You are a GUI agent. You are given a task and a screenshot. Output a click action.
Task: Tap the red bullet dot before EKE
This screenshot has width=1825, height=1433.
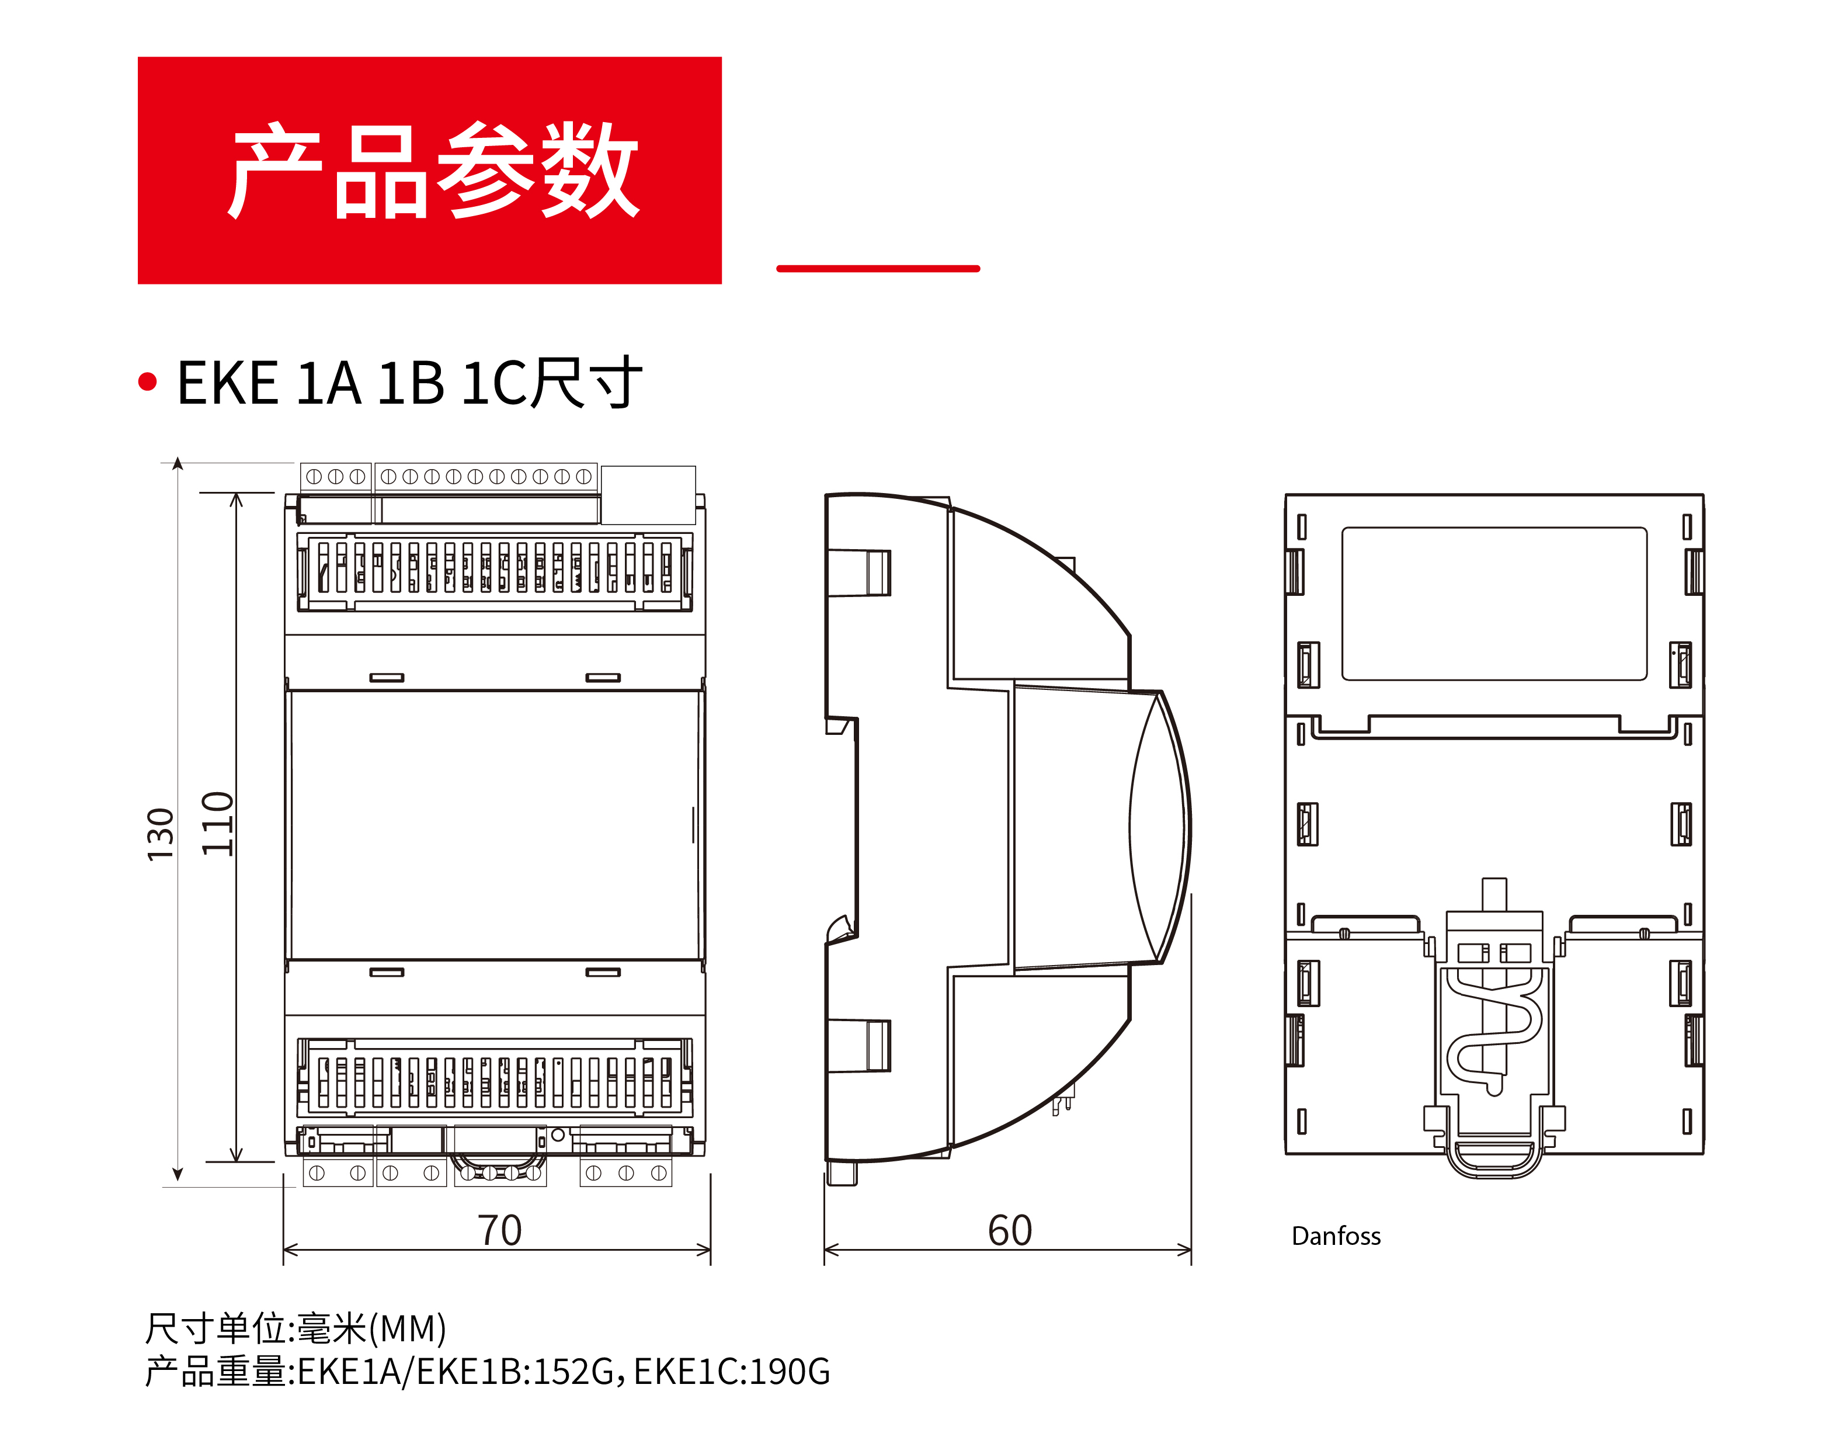(148, 381)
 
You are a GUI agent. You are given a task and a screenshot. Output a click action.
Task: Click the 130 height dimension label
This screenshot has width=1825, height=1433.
(160, 834)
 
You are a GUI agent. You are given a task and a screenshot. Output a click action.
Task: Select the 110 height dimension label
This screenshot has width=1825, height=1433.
(218, 823)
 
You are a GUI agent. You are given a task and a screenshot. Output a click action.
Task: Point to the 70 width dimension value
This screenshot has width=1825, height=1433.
(500, 1230)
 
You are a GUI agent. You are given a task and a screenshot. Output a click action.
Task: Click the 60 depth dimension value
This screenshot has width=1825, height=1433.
(1009, 1230)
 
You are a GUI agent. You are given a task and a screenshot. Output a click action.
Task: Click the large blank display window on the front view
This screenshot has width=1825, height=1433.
(495, 825)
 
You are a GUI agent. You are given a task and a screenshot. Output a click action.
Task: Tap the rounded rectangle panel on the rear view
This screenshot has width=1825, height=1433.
(1494, 603)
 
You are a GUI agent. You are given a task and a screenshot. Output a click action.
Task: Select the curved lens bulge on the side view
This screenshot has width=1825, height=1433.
(1159, 827)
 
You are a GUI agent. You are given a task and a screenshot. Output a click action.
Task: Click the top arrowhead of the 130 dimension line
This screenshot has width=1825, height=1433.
(178, 464)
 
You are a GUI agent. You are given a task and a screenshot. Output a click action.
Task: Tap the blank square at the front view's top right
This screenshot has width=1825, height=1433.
(648, 495)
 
